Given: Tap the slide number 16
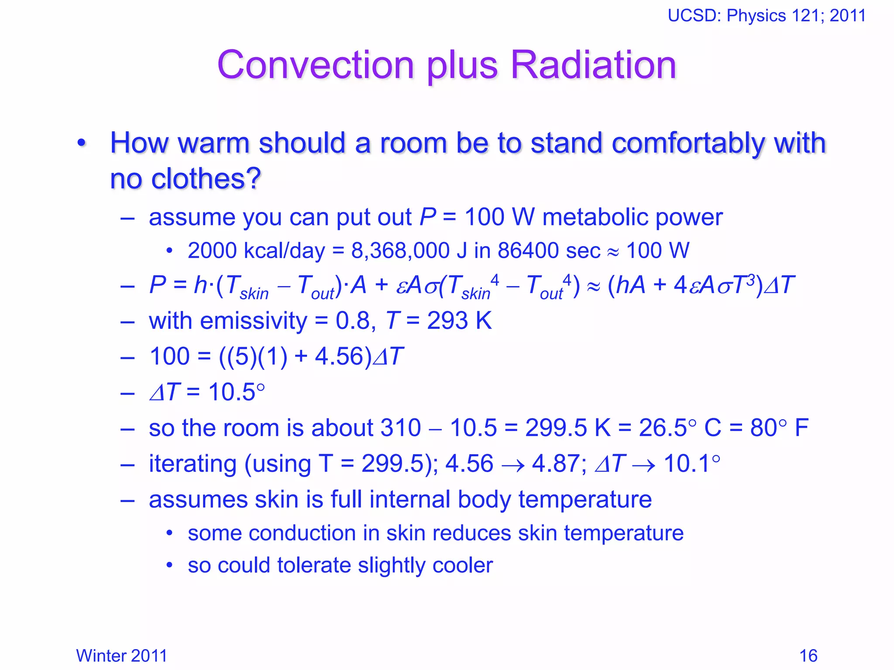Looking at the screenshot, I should (x=808, y=656).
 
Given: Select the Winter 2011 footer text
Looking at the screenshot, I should (x=122, y=656).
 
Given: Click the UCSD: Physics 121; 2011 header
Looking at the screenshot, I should (x=767, y=16).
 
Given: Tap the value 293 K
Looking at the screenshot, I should (x=459, y=321).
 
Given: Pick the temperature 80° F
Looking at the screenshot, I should (x=779, y=427).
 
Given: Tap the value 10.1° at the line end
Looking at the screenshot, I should (x=691, y=463).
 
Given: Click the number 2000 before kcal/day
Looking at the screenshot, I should (x=212, y=251).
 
